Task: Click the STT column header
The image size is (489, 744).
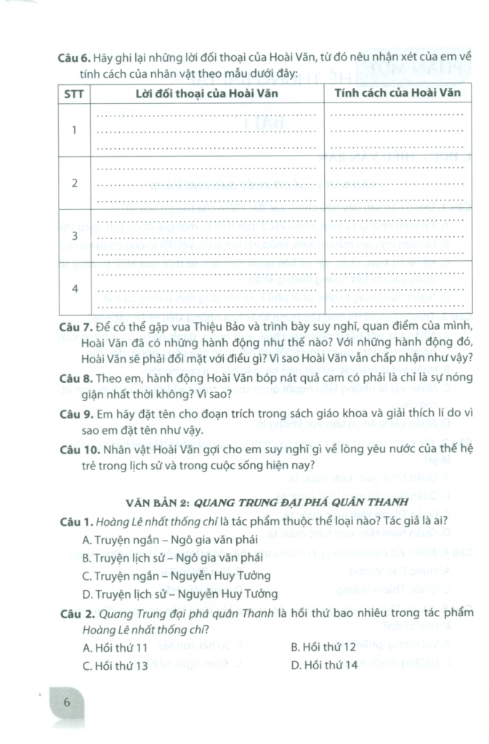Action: click(x=73, y=94)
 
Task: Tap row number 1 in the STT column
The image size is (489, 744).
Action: click(x=73, y=130)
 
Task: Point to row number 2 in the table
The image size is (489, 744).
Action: click(x=73, y=183)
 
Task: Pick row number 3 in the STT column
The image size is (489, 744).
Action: click(x=73, y=237)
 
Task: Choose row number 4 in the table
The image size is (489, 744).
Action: click(x=73, y=289)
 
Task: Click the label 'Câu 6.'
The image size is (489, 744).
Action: click(x=74, y=57)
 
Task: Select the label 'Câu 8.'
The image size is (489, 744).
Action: click(x=74, y=379)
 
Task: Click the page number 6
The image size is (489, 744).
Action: click(x=66, y=703)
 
